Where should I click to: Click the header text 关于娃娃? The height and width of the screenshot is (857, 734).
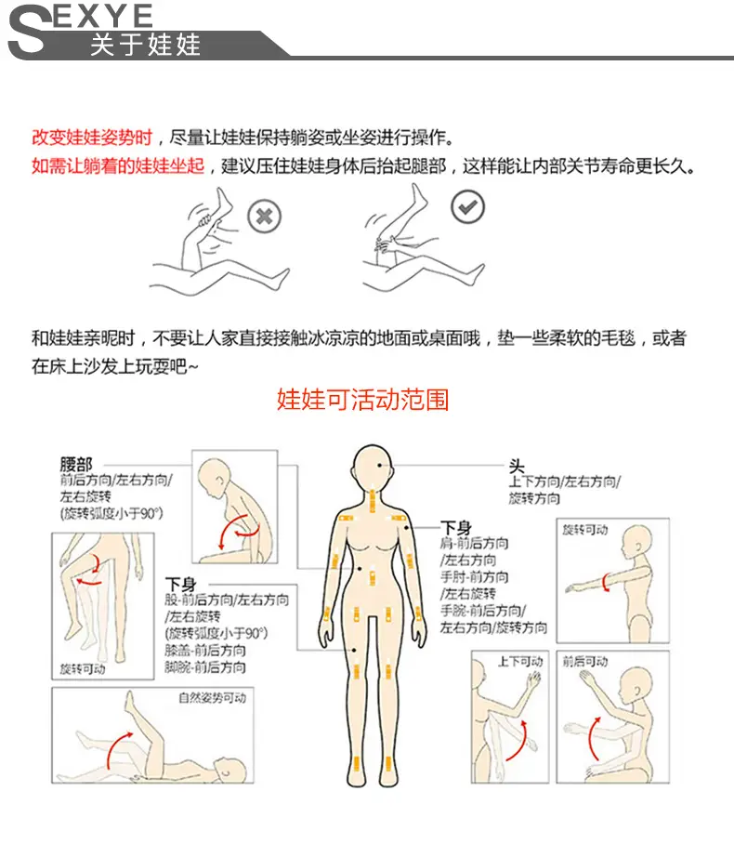pos(146,45)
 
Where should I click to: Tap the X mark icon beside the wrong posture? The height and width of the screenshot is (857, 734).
pos(264,217)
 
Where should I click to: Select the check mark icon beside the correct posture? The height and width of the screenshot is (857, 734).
pos(467,207)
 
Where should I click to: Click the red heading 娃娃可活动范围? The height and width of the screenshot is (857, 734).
pos(362,399)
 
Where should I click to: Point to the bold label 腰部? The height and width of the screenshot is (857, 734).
pos(76,465)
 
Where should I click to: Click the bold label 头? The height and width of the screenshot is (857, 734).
pos(517,467)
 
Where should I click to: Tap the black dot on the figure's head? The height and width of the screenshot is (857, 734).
pos(380,465)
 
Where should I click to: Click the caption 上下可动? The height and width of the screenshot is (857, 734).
pos(520,661)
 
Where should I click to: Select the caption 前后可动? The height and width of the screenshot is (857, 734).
pos(585,661)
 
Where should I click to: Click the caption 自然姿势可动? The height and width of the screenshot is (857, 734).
pos(213,697)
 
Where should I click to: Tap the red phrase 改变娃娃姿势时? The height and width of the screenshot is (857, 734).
pos(92,137)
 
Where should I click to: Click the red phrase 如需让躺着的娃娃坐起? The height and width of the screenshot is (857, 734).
pos(118,165)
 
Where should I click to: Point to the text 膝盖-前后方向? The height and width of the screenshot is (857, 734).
pos(204,650)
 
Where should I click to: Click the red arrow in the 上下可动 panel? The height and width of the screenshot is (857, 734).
pos(518,741)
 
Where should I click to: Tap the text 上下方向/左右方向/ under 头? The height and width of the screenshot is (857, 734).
pos(565,481)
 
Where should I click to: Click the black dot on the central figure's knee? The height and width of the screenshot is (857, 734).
pos(354,651)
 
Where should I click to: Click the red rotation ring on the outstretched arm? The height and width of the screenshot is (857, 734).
pos(605,583)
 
